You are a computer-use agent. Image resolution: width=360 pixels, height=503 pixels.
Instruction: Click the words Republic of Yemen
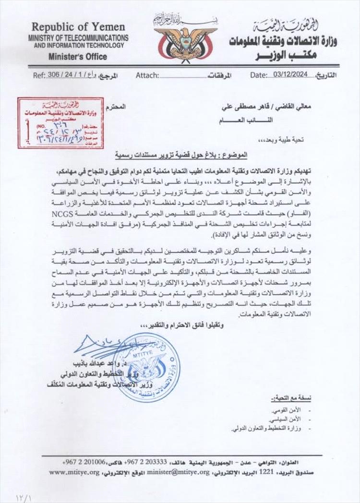pyautogui.click(x=78, y=27)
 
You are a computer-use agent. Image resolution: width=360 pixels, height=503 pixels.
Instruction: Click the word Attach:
pyautogui.click(x=147, y=75)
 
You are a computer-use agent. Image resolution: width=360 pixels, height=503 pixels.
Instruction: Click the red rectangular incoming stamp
pyautogui.click(x=60, y=122)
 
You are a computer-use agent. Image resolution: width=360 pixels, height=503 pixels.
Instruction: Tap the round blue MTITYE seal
pyautogui.click(x=147, y=366)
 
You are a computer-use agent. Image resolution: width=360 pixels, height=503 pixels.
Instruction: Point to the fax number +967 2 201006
pyautogui.click(x=89, y=462)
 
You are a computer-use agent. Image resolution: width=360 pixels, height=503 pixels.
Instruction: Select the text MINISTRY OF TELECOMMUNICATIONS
pyautogui.click(x=78, y=38)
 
